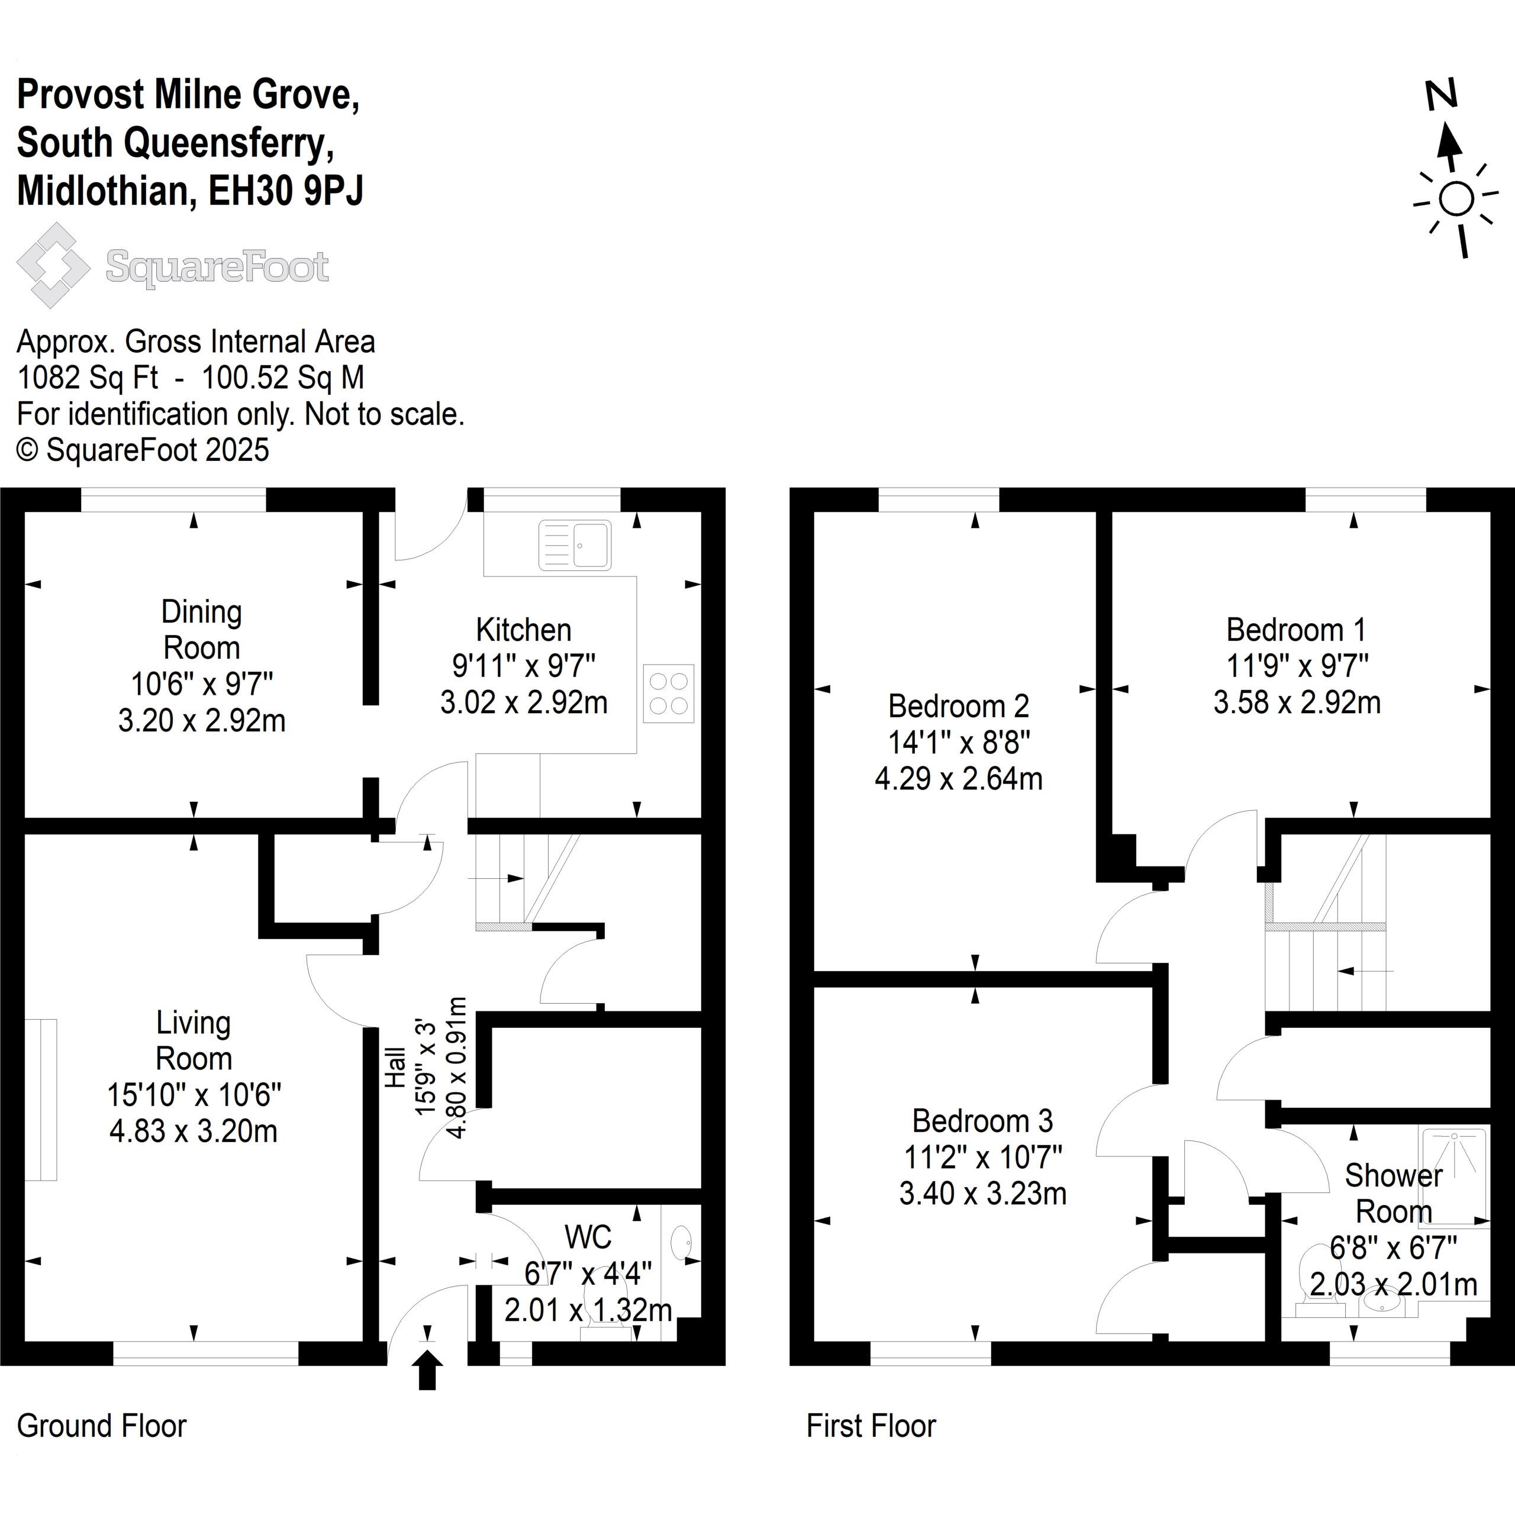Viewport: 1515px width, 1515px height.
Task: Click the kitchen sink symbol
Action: (575, 545)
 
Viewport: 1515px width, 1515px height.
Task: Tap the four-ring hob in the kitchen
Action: (669, 693)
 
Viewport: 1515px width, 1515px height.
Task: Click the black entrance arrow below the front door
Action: (427, 1372)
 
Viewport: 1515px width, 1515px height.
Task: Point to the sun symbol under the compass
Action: (1456, 199)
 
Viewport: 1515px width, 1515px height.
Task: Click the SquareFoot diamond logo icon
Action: (53, 265)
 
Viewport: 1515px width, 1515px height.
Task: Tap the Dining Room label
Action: (202, 630)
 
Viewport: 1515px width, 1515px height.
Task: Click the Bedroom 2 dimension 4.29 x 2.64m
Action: (958, 779)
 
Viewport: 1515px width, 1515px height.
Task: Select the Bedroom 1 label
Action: (1296, 630)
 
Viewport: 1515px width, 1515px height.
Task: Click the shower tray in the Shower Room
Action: (1455, 1175)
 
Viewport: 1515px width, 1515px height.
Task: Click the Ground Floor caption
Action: (102, 1426)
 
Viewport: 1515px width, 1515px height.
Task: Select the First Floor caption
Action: (871, 1426)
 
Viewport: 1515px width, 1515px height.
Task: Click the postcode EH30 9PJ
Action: (286, 191)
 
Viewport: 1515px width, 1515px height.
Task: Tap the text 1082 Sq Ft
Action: (88, 378)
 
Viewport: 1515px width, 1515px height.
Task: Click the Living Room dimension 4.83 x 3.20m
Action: (194, 1132)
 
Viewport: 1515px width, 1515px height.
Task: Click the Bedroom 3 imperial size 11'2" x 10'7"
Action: (982, 1156)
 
